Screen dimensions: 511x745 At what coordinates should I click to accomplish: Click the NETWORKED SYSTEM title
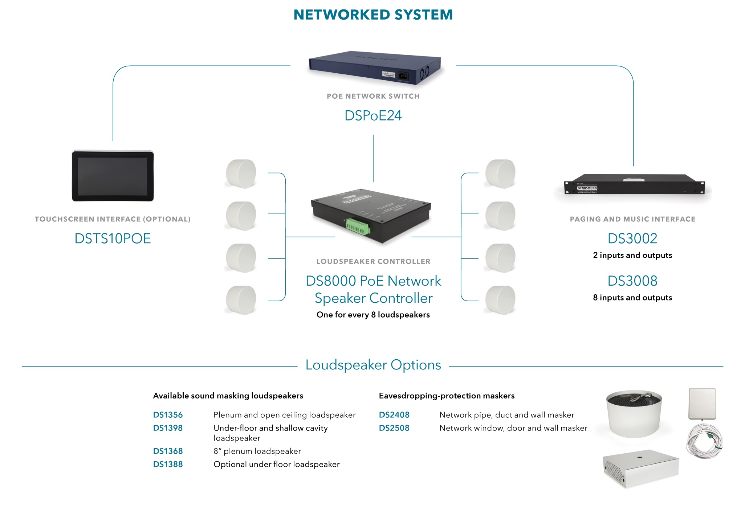tap(373, 15)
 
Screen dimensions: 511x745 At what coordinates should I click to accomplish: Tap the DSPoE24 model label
tap(373, 115)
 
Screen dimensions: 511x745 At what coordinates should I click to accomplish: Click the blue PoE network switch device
tap(374, 67)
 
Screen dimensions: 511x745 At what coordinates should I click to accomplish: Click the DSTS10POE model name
tap(113, 238)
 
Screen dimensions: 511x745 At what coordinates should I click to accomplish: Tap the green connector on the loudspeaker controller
tap(358, 226)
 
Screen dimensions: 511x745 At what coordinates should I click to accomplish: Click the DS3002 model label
tap(632, 238)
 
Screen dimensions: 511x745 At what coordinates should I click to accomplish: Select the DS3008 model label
tap(632, 281)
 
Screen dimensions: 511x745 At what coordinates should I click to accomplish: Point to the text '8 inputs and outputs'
tap(632, 298)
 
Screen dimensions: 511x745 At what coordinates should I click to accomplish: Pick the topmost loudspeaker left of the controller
tap(241, 174)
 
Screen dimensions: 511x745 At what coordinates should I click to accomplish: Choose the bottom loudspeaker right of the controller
tap(500, 300)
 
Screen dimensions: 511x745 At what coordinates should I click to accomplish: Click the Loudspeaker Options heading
tap(373, 365)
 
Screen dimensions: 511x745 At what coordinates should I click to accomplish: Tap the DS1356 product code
tap(168, 415)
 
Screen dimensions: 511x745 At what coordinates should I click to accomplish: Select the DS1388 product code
tap(168, 464)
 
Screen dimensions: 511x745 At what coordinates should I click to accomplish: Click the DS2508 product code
tap(394, 428)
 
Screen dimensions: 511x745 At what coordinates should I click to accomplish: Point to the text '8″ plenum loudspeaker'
tap(257, 451)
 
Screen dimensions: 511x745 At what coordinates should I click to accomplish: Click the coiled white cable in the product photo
tap(704, 441)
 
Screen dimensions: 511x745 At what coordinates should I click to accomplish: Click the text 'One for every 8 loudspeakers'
tap(373, 315)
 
